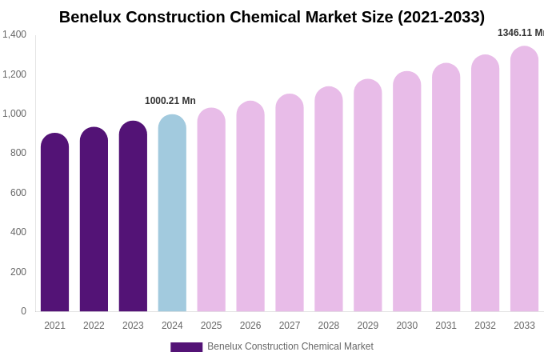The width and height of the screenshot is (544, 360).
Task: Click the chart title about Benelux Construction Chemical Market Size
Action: click(x=272, y=17)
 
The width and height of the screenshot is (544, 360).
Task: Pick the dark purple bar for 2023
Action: click(x=133, y=217)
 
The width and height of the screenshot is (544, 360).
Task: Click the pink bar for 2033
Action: click(x=524, y=179)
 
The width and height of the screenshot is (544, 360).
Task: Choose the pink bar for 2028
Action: click(x=329, y=199)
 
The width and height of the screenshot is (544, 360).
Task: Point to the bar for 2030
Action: click(x=406, y=192)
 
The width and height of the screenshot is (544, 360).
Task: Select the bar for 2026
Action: click(x=250, y=206)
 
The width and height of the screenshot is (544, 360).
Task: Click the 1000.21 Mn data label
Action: click(x=170, y=101)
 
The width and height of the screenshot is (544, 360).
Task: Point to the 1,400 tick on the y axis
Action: click(x=14, y=34)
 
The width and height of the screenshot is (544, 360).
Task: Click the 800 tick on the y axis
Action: click(x=18, y=153)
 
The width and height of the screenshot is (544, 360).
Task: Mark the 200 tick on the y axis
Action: click(x=18, y=272)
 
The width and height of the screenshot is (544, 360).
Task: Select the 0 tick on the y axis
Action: click(x=23, y=311)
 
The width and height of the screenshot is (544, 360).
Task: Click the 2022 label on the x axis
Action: click(x=94, y=326)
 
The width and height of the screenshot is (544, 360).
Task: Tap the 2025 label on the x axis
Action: click(x=211, y=326)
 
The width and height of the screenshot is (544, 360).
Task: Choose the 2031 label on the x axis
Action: click(x=446, y=326)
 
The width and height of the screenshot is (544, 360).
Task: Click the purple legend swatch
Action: click(x=186, y=347)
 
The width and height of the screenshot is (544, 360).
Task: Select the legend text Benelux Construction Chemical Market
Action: click(x=290, y=346)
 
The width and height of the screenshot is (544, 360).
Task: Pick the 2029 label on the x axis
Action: click(x=368, y=326)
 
